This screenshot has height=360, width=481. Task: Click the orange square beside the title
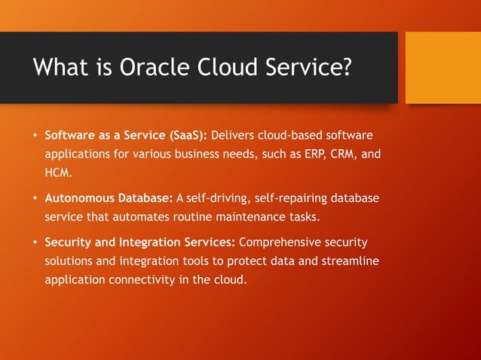click(443, 68)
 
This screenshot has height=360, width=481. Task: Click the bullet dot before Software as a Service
click(34, 136)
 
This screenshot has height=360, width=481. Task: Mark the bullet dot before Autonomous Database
click(34, 199)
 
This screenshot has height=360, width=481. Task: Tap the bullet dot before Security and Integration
click(34, 243)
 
